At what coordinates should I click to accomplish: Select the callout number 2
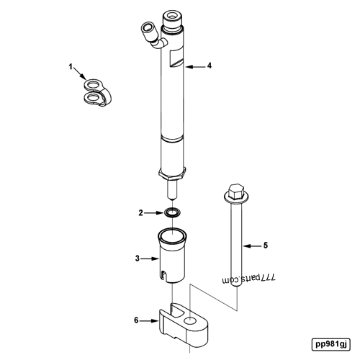[142, 212]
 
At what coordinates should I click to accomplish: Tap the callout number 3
[137, 257]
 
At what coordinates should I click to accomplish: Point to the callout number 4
[210, 66]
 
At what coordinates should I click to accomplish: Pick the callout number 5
[265, 246]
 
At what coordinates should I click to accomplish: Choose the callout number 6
[136, 320]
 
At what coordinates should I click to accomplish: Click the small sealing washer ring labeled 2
[172, 212]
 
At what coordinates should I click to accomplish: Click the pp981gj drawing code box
[330, 343]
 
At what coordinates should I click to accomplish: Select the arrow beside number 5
[250, 246]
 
